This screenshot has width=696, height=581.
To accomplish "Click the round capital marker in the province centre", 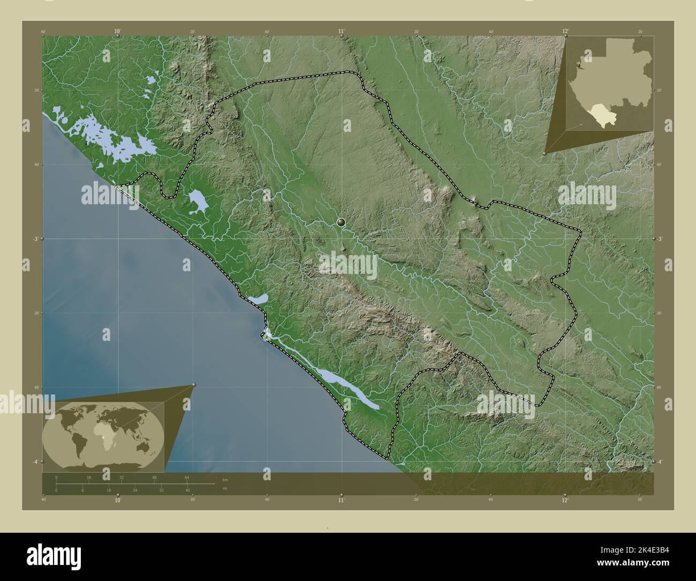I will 342,221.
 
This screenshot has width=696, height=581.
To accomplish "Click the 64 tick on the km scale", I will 187,477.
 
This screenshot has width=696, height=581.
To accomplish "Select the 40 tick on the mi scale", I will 187,490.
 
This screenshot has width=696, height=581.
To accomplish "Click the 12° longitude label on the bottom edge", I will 565,500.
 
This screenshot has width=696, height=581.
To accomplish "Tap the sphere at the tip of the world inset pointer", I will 194,385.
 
